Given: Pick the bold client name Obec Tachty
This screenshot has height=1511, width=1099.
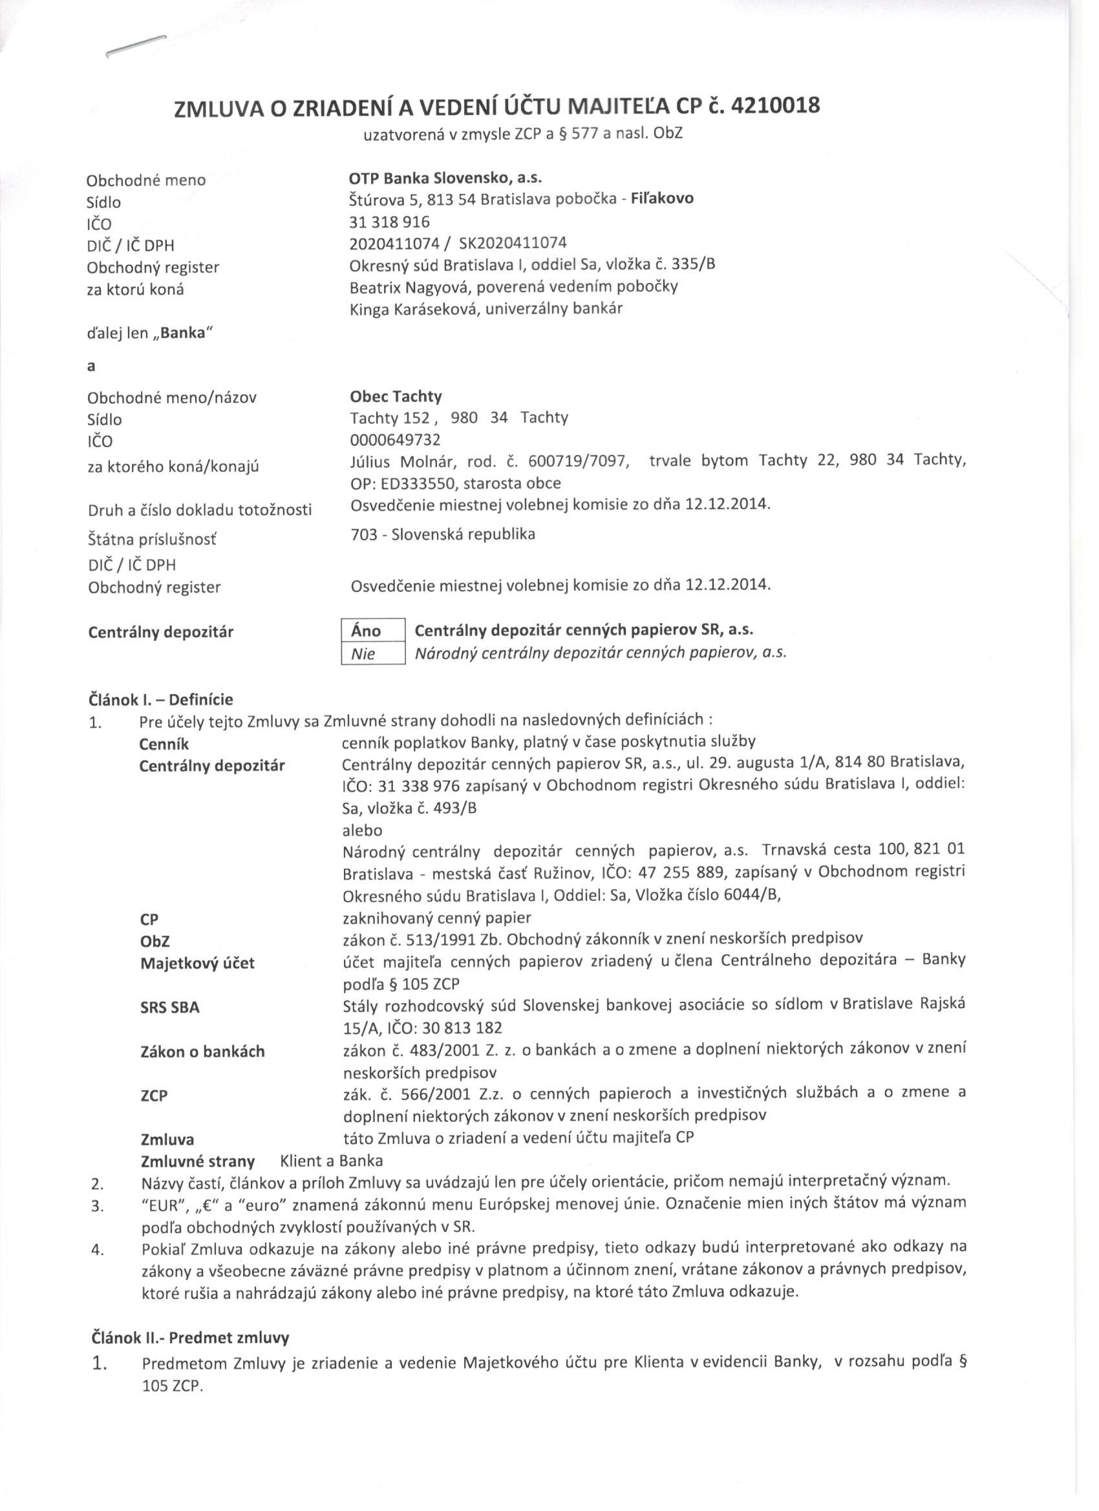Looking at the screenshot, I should click(x=395, y=396).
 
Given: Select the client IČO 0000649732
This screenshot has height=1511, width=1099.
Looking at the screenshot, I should click(x=394, y=439).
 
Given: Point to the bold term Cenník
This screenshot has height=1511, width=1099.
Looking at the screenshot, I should click(x=164, y=743).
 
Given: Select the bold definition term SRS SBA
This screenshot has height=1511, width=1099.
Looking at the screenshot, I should click(x=170, y=1007).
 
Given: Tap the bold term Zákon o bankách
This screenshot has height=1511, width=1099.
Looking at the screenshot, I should click(x=202, y=1051).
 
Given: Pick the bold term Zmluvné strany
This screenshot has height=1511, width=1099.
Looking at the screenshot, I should click(x=197, y=1161).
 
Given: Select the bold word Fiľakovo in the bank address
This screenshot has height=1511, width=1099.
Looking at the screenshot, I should click(x=662, y=198).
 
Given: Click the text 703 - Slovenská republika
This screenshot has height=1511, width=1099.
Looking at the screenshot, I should click(x=442, y=534).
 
